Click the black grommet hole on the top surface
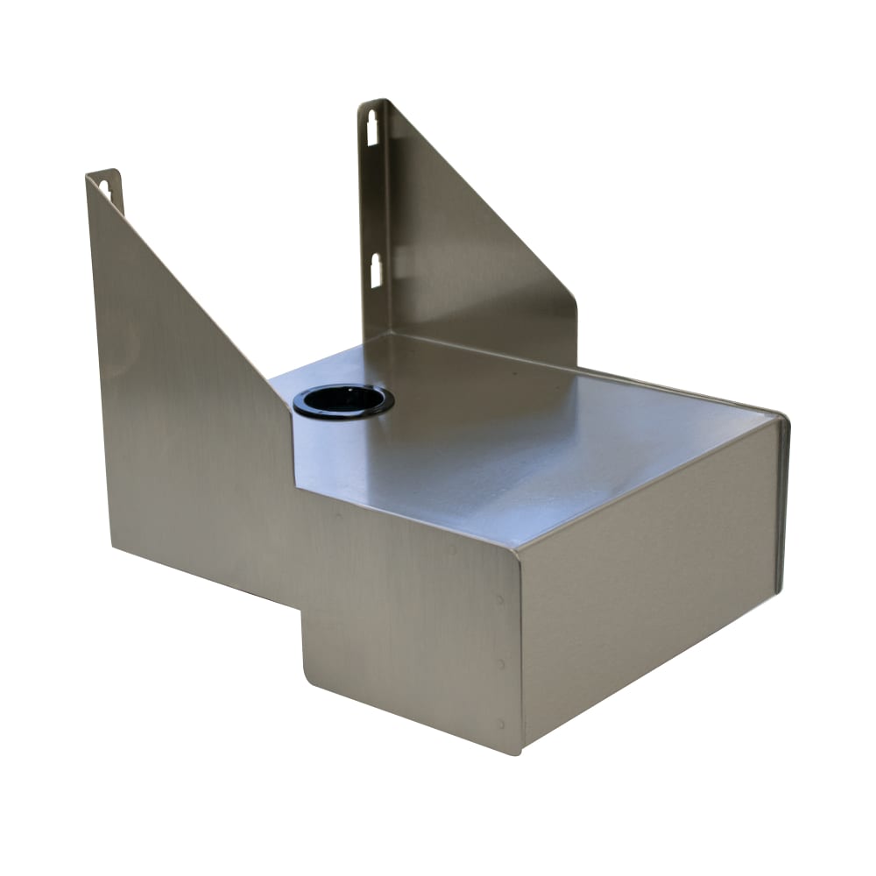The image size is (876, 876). (343, 401)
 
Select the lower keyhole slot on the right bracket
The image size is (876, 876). (376, 271)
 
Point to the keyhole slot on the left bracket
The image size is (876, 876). (106, 189)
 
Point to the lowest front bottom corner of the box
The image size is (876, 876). (519, 752)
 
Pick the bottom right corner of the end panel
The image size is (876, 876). (778, 590)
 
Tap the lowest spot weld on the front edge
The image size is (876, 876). (501, 724)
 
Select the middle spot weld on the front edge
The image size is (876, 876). (501, 663)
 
